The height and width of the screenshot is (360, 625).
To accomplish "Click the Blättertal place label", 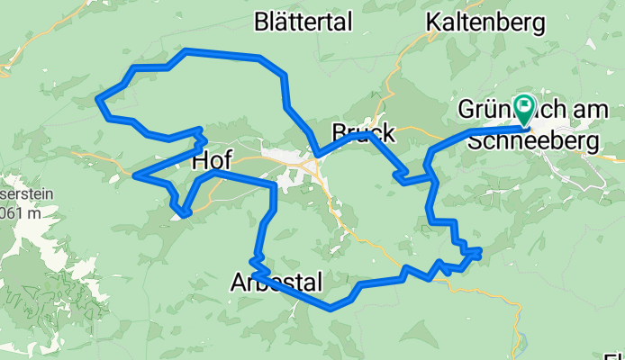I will [x=303, y=22].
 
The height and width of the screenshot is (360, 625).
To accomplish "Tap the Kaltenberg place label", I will [x=486, y=21].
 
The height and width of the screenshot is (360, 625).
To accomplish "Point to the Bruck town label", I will [x=362, y=134].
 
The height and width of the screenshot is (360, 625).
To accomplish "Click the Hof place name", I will [x=212, y=161].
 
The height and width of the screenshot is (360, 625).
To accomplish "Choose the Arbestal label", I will [x=276, y=283].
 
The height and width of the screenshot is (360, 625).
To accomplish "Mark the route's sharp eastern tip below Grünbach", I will [x=480, y=251].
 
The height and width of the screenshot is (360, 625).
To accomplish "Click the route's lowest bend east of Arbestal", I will [x=331, y=308].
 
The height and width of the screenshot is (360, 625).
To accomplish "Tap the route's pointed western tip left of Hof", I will [x=135, y=175].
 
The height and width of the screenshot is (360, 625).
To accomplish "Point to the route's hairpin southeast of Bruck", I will [x=399, y=179].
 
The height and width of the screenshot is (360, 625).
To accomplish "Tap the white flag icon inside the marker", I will [x=525, y=105].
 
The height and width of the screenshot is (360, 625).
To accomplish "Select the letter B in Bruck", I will [x=340, y=134].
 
